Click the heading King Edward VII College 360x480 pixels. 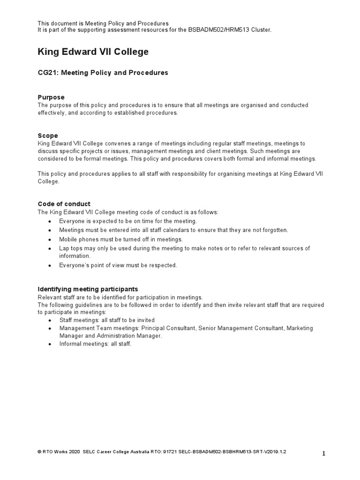coord(93,52)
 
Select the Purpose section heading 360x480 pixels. coord(51,97)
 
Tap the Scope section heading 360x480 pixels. coord(48,136)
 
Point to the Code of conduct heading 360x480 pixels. coord(64,204)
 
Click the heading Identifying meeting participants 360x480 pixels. coord(88,289)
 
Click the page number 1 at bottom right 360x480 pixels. coord(323,453)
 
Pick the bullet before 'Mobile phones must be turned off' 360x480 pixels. coord(50,240)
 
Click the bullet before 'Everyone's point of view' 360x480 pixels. coord(50,266)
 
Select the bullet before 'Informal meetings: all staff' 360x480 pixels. coord(50,344)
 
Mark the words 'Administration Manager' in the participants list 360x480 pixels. coord(127,336)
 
